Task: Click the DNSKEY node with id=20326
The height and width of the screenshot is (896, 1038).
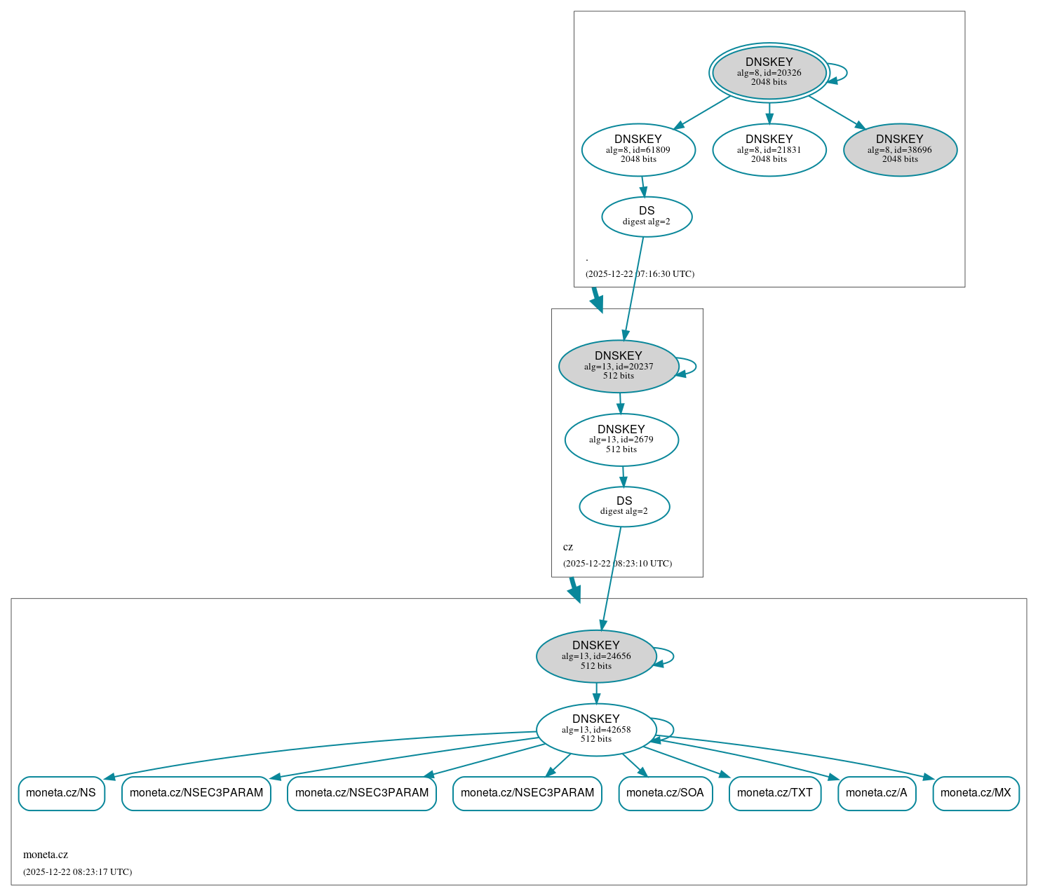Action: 769,72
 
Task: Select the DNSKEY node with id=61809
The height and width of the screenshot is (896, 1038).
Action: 638,149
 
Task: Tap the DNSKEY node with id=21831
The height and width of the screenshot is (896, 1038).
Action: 769,149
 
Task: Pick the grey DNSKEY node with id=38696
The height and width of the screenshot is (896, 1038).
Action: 900,149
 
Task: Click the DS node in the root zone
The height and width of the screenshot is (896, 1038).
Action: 647,217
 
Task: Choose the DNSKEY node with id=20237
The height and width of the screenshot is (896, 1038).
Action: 618,366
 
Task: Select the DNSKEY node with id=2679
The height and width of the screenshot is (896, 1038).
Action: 621,440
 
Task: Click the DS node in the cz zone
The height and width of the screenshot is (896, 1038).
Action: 624,506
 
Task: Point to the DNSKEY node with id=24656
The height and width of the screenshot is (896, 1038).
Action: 596,656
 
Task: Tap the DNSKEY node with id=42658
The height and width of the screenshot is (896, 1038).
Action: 596,730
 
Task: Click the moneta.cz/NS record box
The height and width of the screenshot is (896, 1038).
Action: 61,793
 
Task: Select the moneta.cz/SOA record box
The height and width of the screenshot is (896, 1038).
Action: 665,793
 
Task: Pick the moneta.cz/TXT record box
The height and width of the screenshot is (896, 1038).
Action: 774,793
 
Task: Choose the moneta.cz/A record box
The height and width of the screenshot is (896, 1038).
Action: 876,793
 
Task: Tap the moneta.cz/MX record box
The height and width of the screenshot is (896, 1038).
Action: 976,793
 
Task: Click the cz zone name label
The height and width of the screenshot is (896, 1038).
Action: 568,547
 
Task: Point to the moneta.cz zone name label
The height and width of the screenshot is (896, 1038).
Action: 46,855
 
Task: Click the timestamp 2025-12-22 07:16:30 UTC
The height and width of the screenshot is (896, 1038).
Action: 640,274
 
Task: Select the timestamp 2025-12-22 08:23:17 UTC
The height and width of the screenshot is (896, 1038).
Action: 77,872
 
